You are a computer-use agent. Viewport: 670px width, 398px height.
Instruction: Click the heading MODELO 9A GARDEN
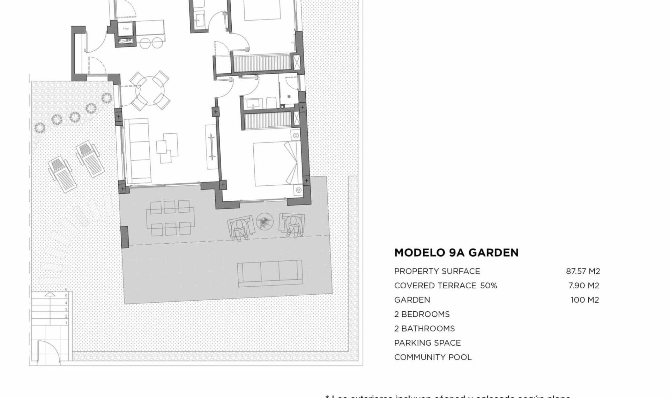(456, 253)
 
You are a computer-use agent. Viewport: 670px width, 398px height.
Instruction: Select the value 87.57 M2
(583, 271)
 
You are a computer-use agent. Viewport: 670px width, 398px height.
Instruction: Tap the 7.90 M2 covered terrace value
(583, 286)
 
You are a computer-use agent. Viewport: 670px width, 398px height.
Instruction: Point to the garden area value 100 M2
(585, 300)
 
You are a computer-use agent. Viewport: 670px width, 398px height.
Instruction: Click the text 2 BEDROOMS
(422, 314)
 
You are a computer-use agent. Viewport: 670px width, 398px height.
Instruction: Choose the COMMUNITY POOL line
(433, 357)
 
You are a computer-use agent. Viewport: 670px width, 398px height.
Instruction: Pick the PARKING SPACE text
(427, 343)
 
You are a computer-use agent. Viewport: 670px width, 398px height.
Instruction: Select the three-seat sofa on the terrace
(270, 273)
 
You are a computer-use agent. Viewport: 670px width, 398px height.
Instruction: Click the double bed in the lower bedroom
(276, 163)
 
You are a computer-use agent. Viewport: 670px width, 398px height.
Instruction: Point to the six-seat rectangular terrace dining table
(170, 218)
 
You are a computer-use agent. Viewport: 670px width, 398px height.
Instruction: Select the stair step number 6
(66, 290)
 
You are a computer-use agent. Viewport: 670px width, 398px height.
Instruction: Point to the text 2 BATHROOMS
(424, 329)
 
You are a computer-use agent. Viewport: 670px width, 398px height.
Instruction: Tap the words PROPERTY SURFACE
(437, 271)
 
